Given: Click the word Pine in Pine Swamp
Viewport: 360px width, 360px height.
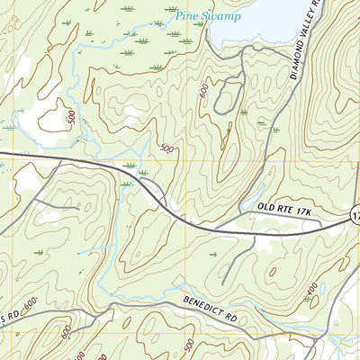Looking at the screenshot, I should point(185,14).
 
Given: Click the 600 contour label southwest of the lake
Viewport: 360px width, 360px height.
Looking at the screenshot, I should point(205,92).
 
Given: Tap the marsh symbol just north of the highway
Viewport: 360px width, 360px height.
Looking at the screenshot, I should point(130,166).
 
